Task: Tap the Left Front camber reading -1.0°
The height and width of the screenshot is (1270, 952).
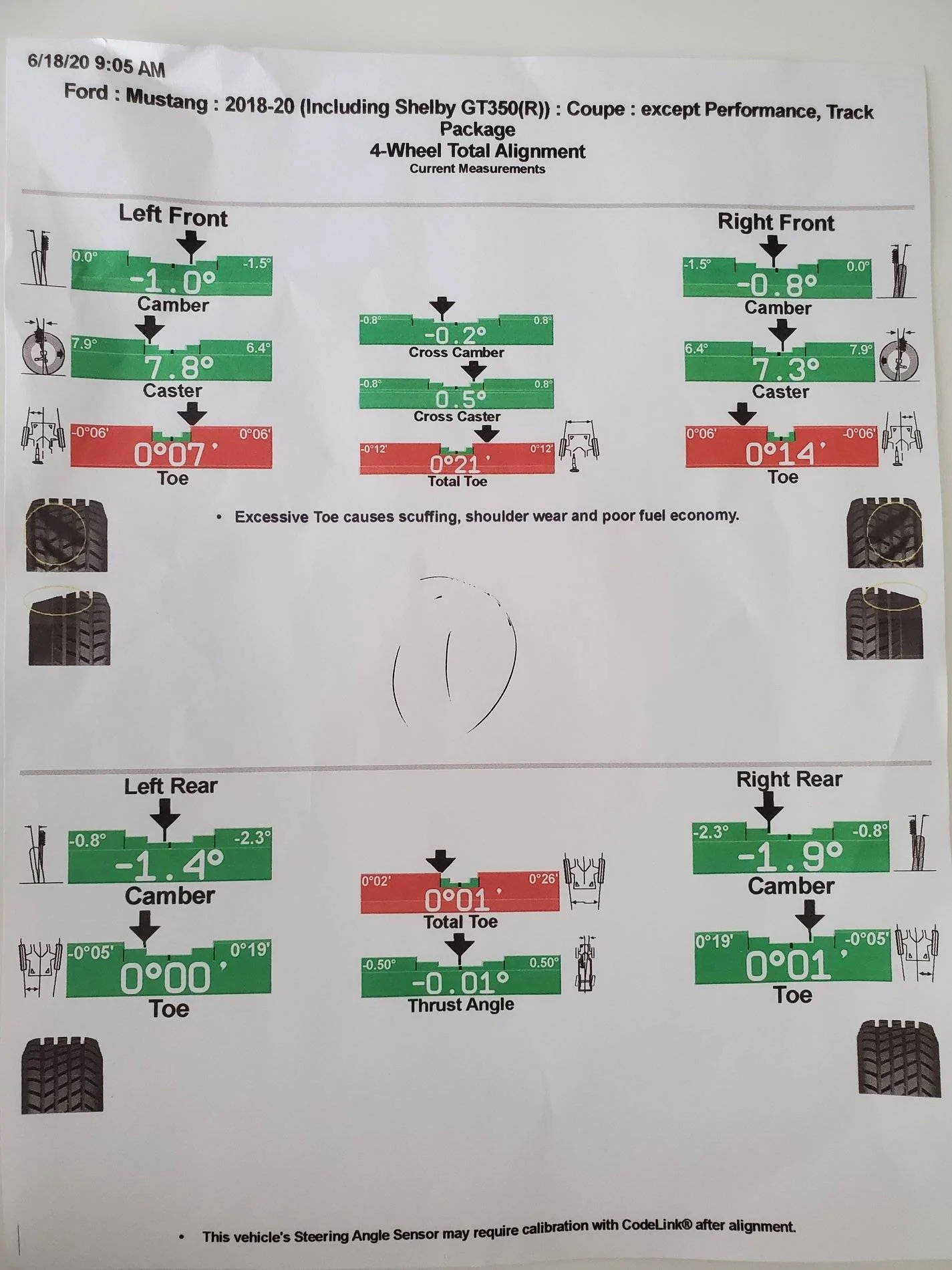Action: coord(173,282)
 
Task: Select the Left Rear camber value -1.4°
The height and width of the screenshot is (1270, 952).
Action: coord(169,866)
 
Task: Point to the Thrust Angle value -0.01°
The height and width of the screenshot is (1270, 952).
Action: coord(461,983)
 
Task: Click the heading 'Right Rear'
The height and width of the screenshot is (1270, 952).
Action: coord(789,779)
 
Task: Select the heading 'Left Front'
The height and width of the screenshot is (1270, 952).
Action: coord(173,216)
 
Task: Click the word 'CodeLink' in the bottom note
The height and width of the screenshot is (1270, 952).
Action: coord(658,1225)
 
